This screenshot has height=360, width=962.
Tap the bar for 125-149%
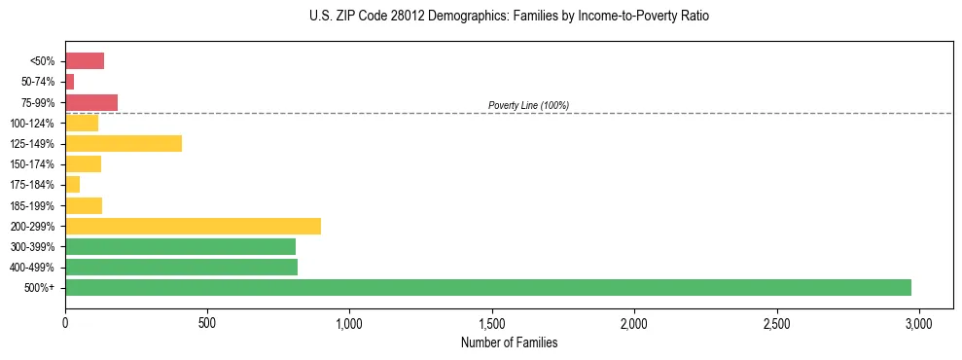coord(124,144)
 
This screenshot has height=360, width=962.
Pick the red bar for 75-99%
coord(91,102)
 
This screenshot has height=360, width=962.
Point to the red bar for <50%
coord(85,61)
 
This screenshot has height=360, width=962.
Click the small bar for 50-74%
coord(70,82)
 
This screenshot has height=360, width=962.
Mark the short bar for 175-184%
coord(73,185)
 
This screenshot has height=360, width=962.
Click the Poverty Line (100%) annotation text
coord(528,105)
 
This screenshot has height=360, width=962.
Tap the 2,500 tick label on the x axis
coord(776,323)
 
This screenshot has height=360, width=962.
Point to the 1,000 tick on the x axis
coord(349,323)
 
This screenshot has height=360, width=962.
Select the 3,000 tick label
coord(918,323)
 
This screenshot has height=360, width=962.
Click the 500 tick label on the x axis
coord(207,323)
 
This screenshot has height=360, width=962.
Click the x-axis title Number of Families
coord(509,342)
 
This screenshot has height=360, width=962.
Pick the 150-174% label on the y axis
coord(32,164)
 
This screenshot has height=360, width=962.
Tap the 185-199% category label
coord(32,205)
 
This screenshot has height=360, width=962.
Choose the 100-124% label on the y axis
coord(32,124)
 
